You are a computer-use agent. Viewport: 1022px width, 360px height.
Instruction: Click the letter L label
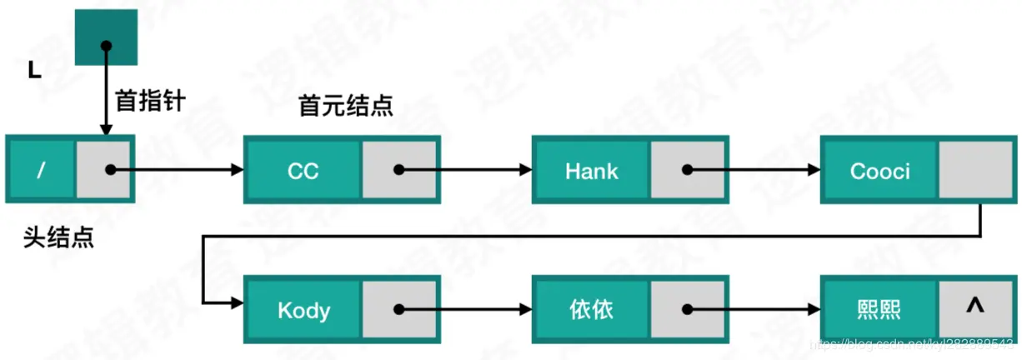point(34,71)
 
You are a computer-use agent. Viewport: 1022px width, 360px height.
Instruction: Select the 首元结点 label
point(345,107)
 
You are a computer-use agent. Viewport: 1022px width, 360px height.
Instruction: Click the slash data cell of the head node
point(41,170)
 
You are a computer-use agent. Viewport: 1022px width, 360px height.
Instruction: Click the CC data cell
point(303,170)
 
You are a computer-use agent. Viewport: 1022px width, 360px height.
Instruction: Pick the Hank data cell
point(591,170)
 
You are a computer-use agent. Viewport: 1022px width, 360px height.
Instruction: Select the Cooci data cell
point(879,170)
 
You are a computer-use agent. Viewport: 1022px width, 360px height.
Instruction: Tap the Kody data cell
point(303,310)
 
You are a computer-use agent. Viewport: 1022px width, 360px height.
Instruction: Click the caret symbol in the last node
point(974,306)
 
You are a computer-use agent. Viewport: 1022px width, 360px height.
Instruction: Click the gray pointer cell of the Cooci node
point(975,170)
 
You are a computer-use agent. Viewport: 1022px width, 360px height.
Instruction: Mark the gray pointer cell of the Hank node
point(688,170)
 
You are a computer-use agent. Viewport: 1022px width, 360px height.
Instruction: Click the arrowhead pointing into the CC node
point(237,170)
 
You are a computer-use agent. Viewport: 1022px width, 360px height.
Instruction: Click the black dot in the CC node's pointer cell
point(399,170)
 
